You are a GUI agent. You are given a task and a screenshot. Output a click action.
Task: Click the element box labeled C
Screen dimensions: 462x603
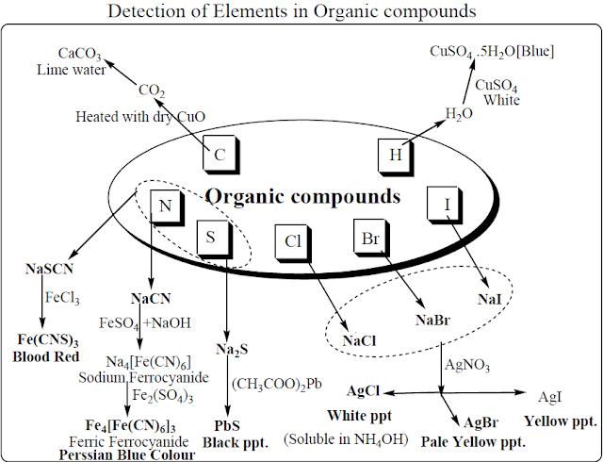[220, 154]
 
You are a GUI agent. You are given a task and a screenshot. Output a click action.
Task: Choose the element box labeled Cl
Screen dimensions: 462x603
[292, 241]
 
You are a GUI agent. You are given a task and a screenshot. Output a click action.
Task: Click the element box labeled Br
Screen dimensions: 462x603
[370, 237]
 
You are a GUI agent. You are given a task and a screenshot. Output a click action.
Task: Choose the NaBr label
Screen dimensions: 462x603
[434, 320]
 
